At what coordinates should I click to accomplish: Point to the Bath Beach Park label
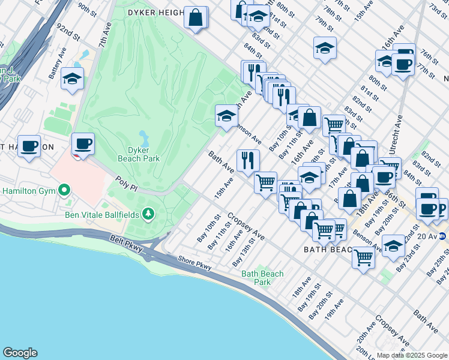pyautogui.click(x=262, y=278)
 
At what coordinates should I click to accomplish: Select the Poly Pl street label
pyautogui.click(x=128, y=181)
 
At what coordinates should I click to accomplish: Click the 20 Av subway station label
pyautogui.click(x=427, y=236)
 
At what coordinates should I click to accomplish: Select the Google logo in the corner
pyautogui.click(x=20, y=353)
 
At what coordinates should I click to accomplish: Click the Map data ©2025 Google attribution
pyautogui.click(x=411, y=355)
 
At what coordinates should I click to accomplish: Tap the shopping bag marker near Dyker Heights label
pyautogui.click(x=196, y=17)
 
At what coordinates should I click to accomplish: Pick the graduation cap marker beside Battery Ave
pyautogui.click(x=72, y=79)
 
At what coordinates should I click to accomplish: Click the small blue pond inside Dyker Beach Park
pyautogui.click(x=143, y=136)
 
